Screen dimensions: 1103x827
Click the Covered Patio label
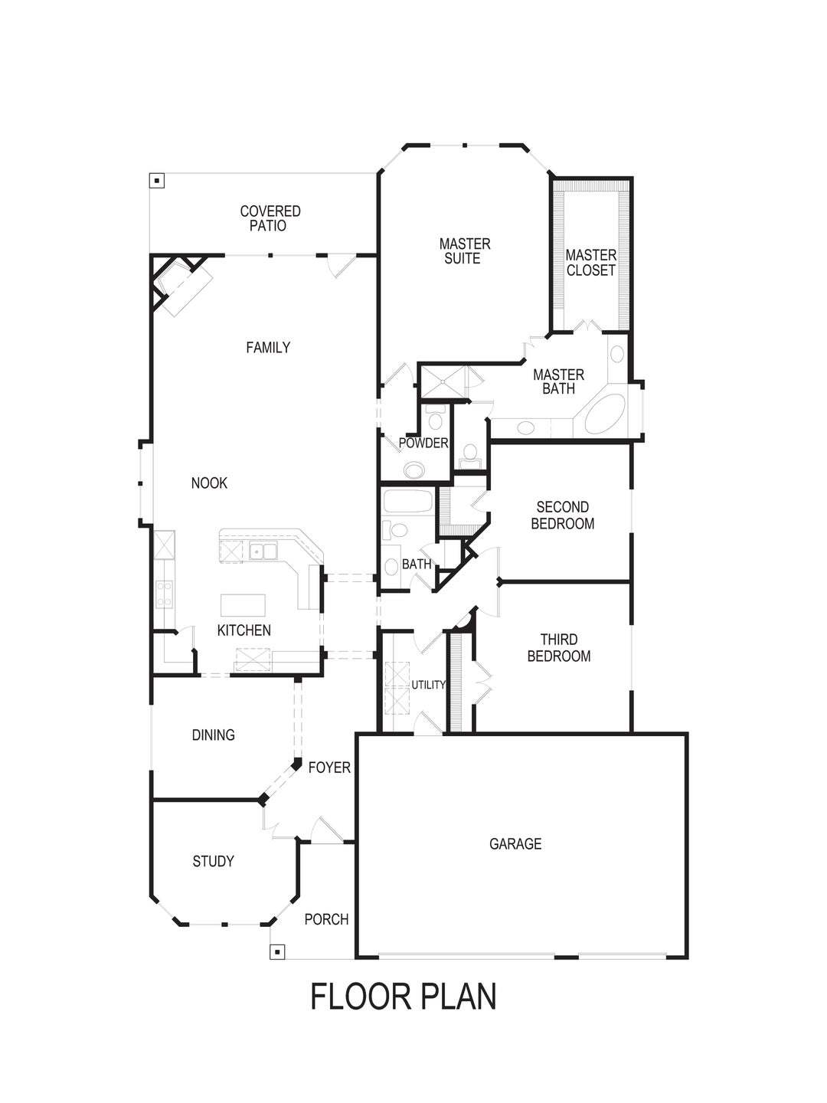coord(270,218)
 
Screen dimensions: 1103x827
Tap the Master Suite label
coord(464,251)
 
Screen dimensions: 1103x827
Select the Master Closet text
coord(590,263)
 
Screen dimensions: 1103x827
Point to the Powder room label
coord(423,443)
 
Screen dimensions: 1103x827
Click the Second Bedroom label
coord(563,515)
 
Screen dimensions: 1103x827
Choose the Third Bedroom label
coord(559,648)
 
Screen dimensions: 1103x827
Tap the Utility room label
coord(428,685)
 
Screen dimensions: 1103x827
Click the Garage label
coord(515,844)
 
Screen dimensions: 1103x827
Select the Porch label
coord(326,919)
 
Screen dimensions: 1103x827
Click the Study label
coord(213,862)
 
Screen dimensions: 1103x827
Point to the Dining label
coord(213,735)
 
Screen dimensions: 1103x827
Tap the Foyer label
coord(329,768)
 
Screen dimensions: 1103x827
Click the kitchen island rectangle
coord(243,605)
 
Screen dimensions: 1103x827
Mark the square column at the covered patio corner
coord(157,182)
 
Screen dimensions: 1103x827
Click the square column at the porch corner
coord(278,951)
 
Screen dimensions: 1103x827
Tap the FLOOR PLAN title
coord(404,997)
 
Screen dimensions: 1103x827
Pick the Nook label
coord(209,483)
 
